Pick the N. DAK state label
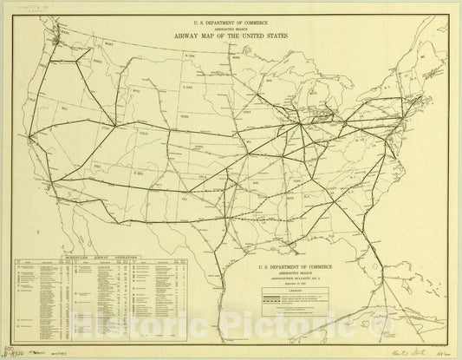[192, 58]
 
